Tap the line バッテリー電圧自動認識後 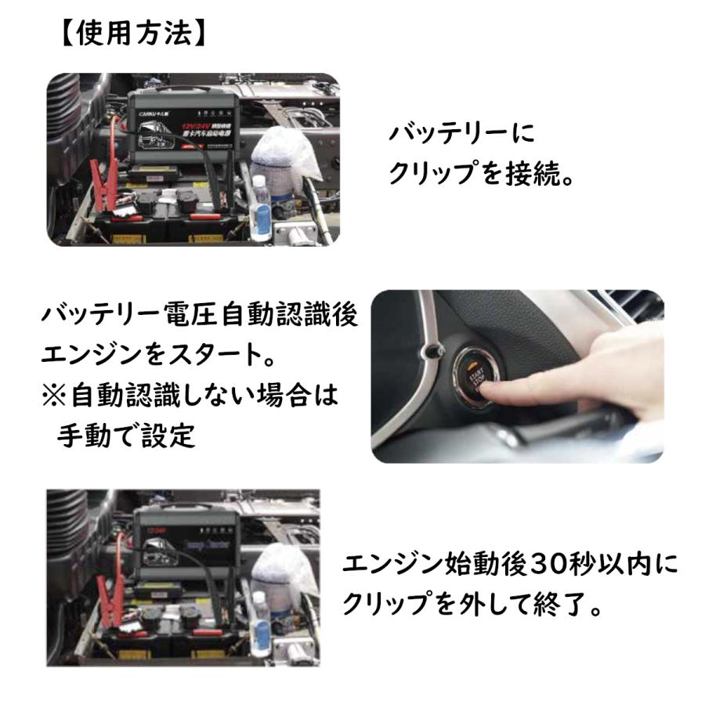pos(199,317)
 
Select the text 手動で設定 pos(125,436)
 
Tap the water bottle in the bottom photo pos(261,619)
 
